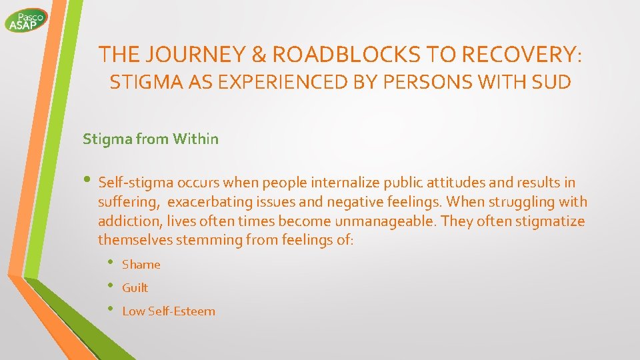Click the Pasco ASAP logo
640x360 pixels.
coord(26,20)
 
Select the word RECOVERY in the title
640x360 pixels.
coord(516,54)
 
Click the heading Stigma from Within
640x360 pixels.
coord(150,139)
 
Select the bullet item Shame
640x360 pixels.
coord(141,265)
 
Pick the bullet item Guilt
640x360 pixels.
coord(135,288)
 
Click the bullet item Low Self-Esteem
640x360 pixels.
coord(169,311)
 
